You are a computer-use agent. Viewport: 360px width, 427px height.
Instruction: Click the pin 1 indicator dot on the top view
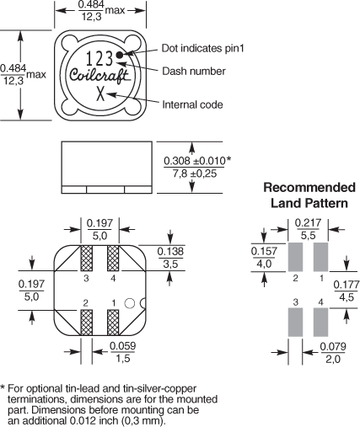pos(120,55)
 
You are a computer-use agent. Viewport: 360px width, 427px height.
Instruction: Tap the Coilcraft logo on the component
pos(99,76)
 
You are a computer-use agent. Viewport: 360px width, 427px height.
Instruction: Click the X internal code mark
pos(100,93)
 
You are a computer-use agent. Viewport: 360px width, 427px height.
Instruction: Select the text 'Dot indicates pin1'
pos(202,48)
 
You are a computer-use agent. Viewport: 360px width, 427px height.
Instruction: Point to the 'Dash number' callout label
pos(194,71)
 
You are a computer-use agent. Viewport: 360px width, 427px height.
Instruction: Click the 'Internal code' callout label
pos(192,104)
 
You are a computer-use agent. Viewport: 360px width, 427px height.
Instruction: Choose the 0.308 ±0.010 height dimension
pos(197,168)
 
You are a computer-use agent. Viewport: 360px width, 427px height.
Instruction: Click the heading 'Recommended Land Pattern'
pos(309,195)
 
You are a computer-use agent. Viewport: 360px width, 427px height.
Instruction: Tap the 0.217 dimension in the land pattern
pos(308,229)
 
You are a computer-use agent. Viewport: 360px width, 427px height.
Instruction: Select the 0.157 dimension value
pos(264,258)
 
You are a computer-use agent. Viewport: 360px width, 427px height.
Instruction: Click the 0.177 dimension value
pos(347,291)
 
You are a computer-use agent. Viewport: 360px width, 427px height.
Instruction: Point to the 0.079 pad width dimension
pos(333,353)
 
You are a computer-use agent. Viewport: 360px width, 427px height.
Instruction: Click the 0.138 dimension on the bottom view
pos(170,258)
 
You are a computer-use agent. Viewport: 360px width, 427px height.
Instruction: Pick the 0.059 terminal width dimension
pos(122,352)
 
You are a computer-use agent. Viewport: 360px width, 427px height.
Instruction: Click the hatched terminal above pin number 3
pos(86,259)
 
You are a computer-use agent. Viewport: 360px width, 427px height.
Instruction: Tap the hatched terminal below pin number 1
pos(113,323)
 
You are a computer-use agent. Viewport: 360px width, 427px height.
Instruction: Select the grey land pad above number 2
pos(295,257)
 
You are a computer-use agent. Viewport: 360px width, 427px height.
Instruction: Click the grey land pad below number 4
pos(320,323)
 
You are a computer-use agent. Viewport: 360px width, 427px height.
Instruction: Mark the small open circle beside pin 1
pos(130,303)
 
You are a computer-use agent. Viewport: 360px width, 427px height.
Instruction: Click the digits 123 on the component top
pos(99,58)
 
